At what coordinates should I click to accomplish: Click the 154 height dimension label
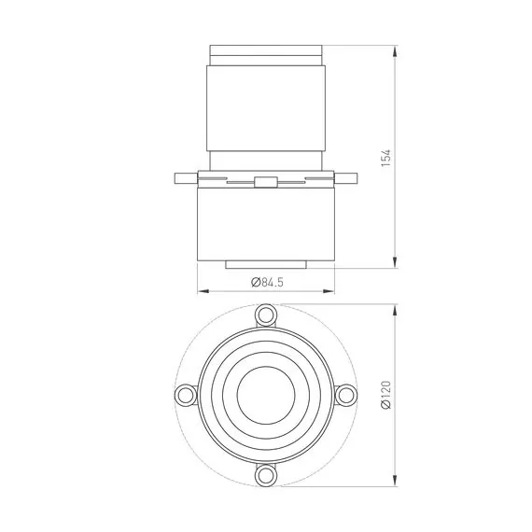click(385, 158)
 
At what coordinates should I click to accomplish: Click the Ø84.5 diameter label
click(267, 282)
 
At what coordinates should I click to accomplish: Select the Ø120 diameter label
click(386, 395)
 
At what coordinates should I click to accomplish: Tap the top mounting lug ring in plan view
click(266, 315)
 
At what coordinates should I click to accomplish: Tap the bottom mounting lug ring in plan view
click(266, 475)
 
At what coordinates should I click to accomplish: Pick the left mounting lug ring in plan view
click(186, 395)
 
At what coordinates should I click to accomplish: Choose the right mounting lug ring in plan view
click(346, 395)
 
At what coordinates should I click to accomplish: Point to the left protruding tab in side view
click(187, 178)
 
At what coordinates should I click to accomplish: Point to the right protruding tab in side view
click(345, 178)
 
